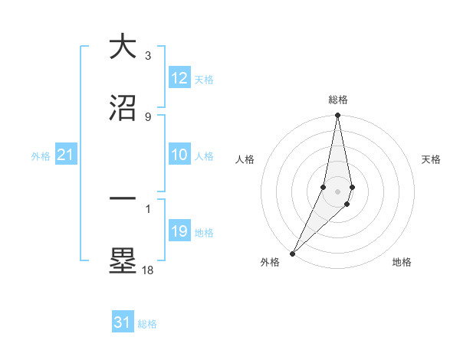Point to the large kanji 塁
[123, 260]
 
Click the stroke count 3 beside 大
[148, 55]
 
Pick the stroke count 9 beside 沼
[148, 116]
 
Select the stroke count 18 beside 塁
[148, 270]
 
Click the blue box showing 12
[179, 78]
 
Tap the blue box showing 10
[179, 155]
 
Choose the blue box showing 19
[179, 231]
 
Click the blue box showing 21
[66, 155]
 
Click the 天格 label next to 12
[204, 79]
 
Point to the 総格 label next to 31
[147, 323]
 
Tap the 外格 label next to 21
[41, 156]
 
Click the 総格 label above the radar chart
[338, 100]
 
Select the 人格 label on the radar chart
[245, 159]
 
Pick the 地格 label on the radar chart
[402, 262]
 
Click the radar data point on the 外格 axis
[292, 253]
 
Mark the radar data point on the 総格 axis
[338, 116]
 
